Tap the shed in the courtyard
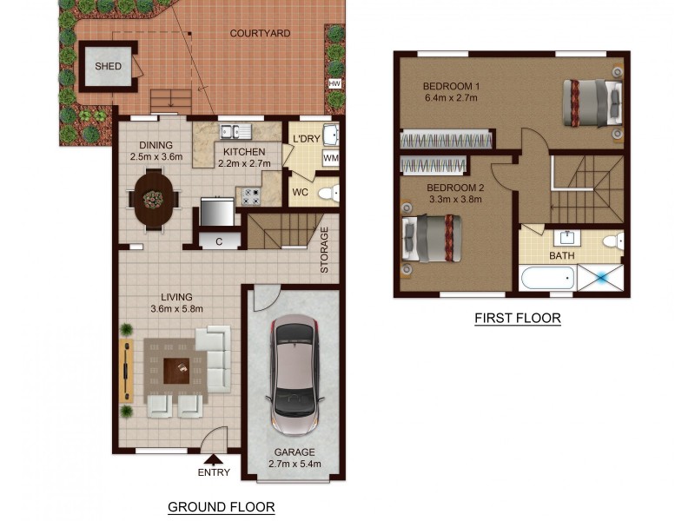pyautogui.click(x=109, y=67)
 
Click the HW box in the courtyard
pyautogui.click(x=334, y=83)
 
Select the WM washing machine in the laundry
pyautogui.click(x=330, y=158)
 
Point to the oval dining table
pyautogui.click(x=154, y=200)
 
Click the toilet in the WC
pyautogui.click(x=328, y=193)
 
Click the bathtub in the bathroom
pyautogui.click(x=546, y=280)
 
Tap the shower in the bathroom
pyautogui.click(x=601, y=280)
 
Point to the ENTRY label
pyautogui.click(x=215, y=472)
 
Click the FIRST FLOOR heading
pyautogui.click(x=517, y=319)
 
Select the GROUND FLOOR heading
pyautogui.click(x=221, y=506)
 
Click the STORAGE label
pyautogui.click(x=324, y=251)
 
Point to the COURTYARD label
pyautogui.click(x=260, y=33)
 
